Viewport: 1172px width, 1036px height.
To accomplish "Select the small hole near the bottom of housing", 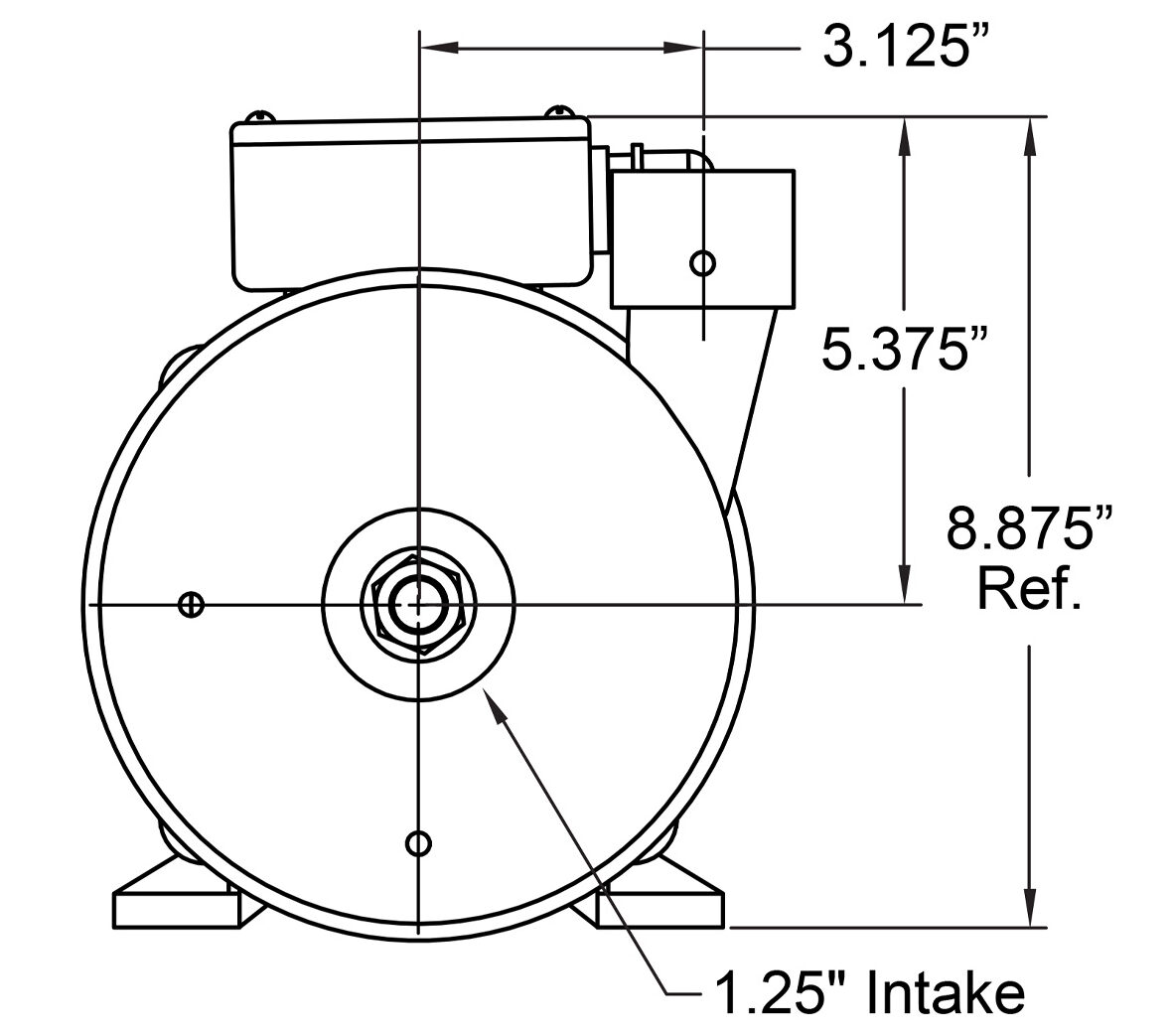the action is coord(418,843).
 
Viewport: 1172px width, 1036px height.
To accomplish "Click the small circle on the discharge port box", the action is coord(702,263).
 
